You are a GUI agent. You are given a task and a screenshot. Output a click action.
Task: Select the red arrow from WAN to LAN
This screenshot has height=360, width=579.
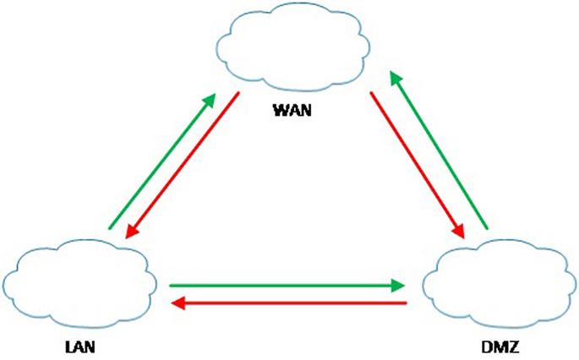183,165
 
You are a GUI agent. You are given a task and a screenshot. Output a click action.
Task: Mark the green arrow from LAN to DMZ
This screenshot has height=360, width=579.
287,286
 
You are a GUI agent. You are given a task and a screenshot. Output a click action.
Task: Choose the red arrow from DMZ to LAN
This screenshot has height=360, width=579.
287,302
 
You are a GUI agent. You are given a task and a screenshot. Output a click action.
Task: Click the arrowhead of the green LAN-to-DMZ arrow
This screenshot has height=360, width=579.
398,286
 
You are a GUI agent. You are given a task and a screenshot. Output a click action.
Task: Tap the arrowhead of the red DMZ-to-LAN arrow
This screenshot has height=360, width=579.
176,302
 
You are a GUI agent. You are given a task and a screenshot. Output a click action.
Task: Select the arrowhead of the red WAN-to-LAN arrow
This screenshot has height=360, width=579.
129,236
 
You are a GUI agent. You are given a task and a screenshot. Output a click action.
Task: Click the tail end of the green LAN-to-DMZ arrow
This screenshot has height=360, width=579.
172,286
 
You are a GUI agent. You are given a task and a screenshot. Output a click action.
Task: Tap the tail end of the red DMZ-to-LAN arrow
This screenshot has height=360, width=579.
406,302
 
